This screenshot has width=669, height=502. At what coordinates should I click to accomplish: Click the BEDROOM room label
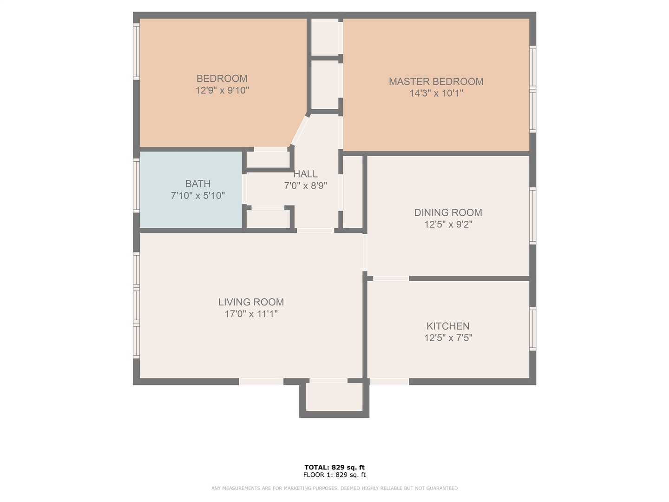pos(222,79)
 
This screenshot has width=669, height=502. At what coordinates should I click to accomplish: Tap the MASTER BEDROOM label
pos(436,81)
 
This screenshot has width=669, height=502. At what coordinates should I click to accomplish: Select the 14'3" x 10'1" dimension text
pos(436,93)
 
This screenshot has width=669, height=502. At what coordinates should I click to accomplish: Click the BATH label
pos(197,184)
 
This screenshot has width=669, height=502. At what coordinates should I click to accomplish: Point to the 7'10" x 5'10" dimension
pos(197,196)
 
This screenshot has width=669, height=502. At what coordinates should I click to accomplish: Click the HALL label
pos(305,174)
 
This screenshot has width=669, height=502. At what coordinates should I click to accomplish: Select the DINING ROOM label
pos(448,212)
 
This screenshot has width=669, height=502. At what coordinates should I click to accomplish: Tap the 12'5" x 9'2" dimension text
pos(448,225)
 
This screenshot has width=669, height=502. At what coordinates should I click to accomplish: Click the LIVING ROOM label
pos(251,302)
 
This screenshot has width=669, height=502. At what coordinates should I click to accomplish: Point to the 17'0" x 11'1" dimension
pos(251,314)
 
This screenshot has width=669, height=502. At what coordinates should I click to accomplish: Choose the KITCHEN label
pos(448,326)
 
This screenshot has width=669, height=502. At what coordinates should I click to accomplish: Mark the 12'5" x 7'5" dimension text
pos(448,338)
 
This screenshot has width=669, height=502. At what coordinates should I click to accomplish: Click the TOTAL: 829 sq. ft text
pos(334,467)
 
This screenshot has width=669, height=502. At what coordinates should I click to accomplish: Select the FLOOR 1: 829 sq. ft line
pos(334,475)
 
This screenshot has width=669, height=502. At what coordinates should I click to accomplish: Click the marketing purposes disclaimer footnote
pos(334,488)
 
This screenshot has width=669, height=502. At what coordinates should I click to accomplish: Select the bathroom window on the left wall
pos(136,186)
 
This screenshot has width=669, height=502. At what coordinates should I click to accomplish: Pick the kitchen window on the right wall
pos(533,329)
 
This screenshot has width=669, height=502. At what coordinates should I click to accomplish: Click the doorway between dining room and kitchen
pos(391,278)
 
